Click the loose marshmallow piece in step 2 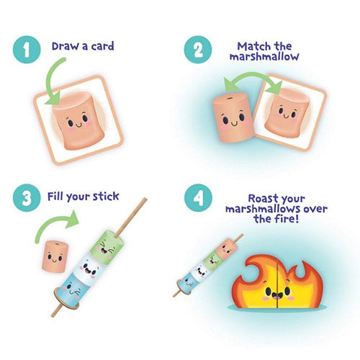coord(230,118)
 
